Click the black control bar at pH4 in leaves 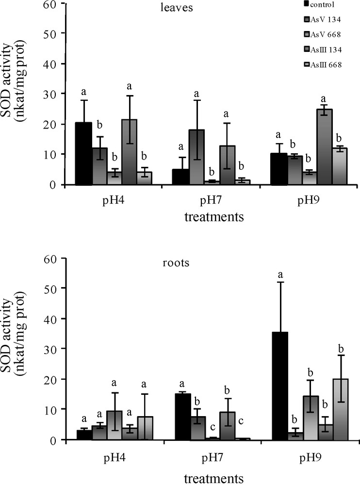(x=84, y=154)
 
